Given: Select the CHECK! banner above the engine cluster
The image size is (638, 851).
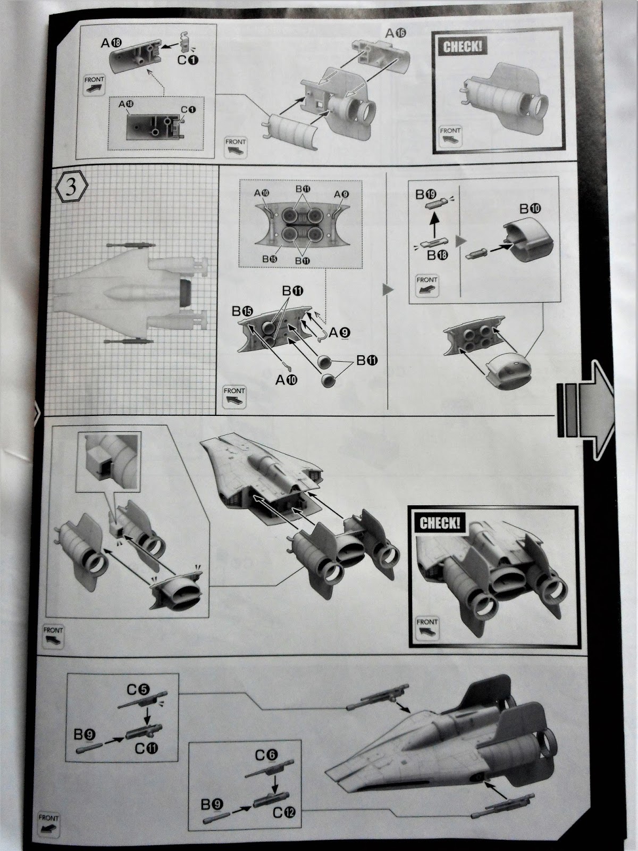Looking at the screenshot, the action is click(x=439, y=522).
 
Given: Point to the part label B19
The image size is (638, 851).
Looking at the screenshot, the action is click(x=426, y=194).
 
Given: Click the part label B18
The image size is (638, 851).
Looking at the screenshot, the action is click(x=438, y=255).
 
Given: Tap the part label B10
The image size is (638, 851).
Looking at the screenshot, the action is click(x=530, y=208).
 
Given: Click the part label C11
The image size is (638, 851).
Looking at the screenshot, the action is click(x=146, y=748).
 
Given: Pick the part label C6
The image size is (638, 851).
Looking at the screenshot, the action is click(x=266, y=755).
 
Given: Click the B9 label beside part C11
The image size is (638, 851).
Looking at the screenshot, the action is click(x=84, y=735).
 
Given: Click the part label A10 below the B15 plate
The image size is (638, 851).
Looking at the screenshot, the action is click(x=286, y=379).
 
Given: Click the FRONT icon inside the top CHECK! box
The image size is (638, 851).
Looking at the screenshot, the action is click(x=450, y=136).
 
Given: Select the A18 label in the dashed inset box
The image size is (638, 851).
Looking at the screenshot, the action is click(x=125, y=105).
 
